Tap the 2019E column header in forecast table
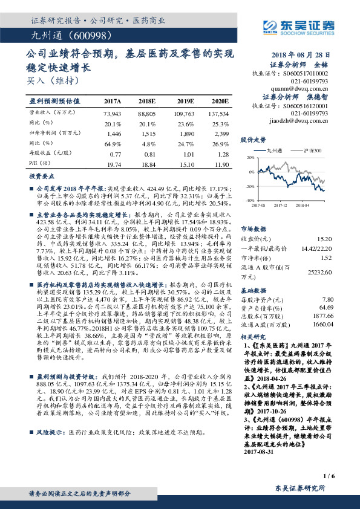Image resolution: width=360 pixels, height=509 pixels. (x=186, y=101)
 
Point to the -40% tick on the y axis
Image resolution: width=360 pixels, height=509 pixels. (x=249, y=200)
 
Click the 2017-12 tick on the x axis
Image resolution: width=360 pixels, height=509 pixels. (x=281, y=206)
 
